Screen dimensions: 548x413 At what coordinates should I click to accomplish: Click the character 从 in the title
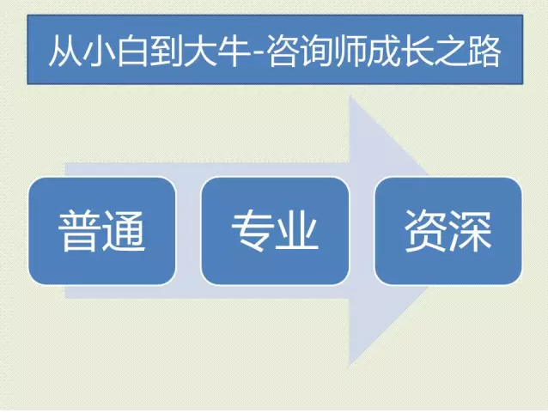[65, 51]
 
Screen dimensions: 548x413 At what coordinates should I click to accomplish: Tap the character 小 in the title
[100, 51]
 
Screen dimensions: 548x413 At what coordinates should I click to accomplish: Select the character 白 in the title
[133, 51]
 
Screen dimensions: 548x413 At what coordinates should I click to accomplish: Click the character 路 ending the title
[485, 51]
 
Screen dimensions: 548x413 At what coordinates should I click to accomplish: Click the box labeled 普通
[101, 231]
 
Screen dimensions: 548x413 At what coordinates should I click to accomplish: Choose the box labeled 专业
[275, 231]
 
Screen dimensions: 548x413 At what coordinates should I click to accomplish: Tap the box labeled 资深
[448, 231]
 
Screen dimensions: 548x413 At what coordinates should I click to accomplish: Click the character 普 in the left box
[80, 231]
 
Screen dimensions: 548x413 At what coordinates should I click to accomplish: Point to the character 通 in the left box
[124, 231]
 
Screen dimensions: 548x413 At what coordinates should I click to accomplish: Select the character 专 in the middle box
[253, 231]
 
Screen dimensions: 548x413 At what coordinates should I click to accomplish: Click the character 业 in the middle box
[297, 231]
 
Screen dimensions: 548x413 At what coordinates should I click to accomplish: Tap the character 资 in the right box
[426, 231]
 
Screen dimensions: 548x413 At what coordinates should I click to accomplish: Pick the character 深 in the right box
[471, 231]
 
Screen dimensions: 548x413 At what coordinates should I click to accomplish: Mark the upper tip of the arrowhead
[350, 96]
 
